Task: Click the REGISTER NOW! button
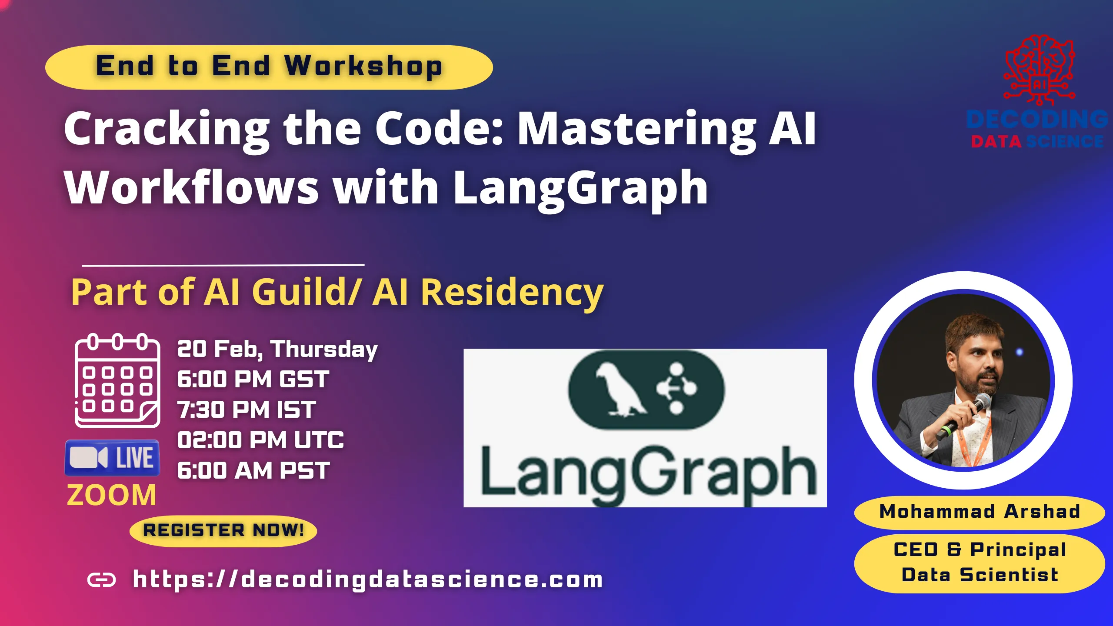pyautogui.click(x=223, y=530)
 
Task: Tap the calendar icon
pyautogui.click(x=117, y=380)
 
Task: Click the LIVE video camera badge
pyautogui.click(x=112, y=458)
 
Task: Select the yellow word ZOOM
pyautogui.click(x=112, y=495)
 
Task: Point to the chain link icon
pyautogui.click(x=102, y=579)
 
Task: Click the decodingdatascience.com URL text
pyautogui.click(x=368, y=579)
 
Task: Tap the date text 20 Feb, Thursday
pyautogui.click(x=277, y=349)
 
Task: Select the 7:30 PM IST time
pyautogui.click(x=247, y=410)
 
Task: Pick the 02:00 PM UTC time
pyautogui.click(x=260, y=440)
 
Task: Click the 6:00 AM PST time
pyautogui.click(x=253, y=471)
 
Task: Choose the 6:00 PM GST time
pyautogui.click(x=253, y=380)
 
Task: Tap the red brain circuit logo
pyautogui.click(x=1039, y=70)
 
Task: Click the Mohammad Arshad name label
pyautogui.click(x=980, y=512)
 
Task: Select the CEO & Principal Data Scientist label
pyautogui.click(x=980, y=563)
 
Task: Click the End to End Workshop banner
pyautogui.click(x=269, y=67)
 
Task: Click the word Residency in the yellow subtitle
pyautogui.click(x=512, y=292)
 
